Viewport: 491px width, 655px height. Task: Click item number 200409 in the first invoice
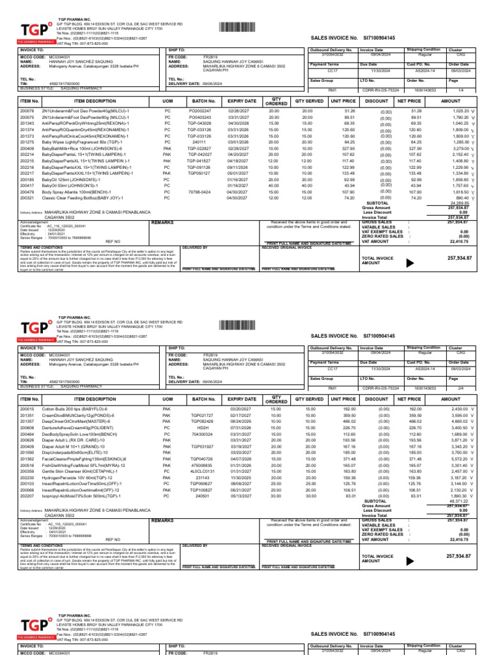pos(27,148)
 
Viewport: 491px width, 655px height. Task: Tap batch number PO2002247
pos(200,111)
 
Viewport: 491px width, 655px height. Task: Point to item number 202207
pos(27,495)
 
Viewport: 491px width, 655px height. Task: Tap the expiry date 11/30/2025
pos(237,477)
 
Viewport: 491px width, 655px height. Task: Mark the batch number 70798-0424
pos(200,191)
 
